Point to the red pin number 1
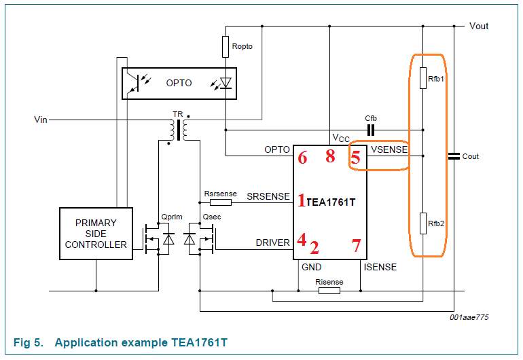[302, 200]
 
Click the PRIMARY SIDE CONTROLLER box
[96, 234]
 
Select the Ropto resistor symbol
[226, 47]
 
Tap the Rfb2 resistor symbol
[422, 223]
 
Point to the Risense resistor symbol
[329, 291]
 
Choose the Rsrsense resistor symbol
[220, 202]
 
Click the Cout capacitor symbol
[454, 156]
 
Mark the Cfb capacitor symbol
[371, 130]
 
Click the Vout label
[479, 26]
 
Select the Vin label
[41, 120]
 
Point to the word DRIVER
[272, 242]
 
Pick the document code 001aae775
[469, 317]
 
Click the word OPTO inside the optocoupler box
[179, 83]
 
